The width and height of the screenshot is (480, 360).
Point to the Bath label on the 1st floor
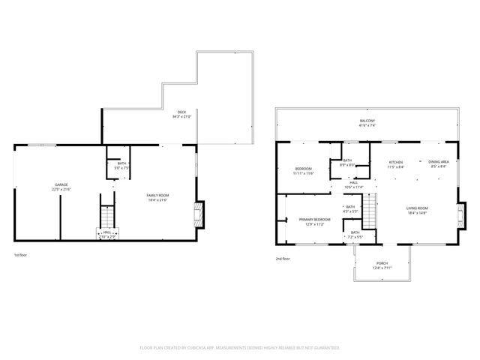(122, 165)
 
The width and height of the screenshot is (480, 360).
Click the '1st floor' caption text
(22, 256)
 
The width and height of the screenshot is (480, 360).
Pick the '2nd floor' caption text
(283, 259)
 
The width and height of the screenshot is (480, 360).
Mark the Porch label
(382, 263)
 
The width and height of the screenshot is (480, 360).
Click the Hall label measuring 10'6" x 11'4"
(353, 184)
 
